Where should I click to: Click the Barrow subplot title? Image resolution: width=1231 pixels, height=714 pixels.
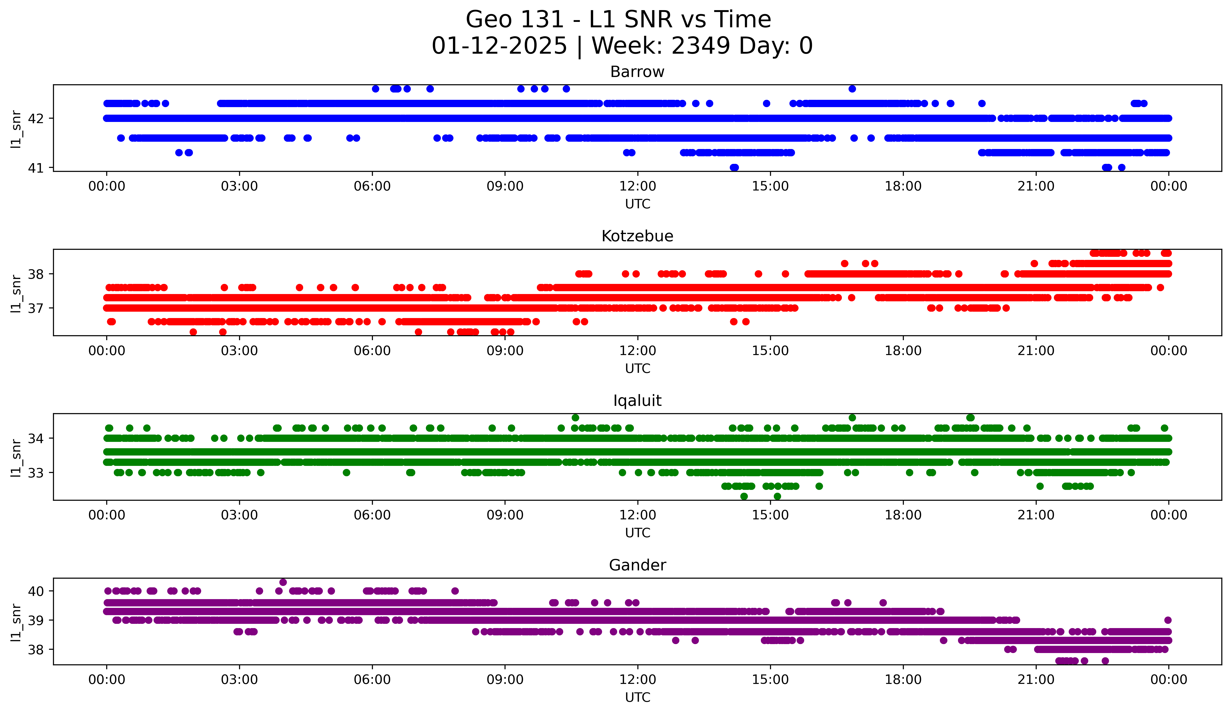click(637, 72)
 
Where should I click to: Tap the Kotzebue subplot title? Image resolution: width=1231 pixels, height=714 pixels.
click(637, 236)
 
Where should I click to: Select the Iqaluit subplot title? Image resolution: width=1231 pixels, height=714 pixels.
click(637, 401)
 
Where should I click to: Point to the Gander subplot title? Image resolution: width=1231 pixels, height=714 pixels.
click(637, 565)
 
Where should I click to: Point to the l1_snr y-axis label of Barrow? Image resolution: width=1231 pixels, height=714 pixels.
click(16, 129)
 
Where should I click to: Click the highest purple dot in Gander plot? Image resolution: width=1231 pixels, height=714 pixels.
click(283, 582)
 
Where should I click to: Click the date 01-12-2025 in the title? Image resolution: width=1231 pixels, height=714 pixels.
click(499, 46)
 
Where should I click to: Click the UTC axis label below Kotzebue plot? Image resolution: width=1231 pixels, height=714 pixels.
click(637, 368)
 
